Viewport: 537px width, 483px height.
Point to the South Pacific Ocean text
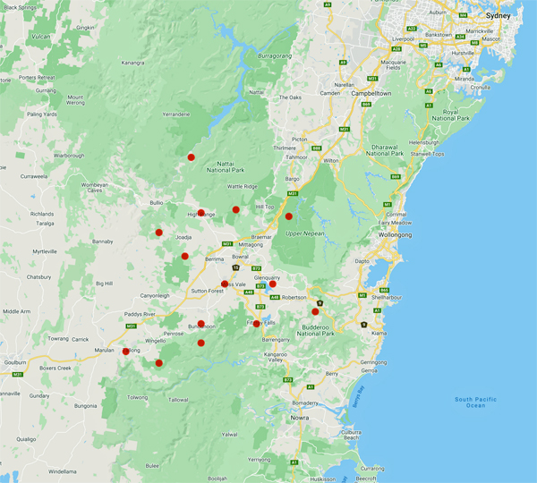pyautogui.click(x=481, y=402)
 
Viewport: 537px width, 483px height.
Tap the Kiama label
pyautogui.click(x=379, y=333)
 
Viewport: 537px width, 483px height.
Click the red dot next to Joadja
pyautogui.click(x=158, y=233)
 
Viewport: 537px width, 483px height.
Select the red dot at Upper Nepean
pyautogui.click(x=288, y=216)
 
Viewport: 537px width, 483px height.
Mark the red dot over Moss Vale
pyautogui.click(x=225, y=284)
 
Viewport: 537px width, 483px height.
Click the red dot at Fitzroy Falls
pyautogui.click(x=257, y=323)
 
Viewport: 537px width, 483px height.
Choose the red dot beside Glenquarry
pyautogui.click(x=273, y=284)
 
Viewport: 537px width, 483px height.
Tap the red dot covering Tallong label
pyautogui.click(x=125, y=352)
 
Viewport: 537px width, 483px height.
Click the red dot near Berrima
pyautogui.click(x=185, y=256)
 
